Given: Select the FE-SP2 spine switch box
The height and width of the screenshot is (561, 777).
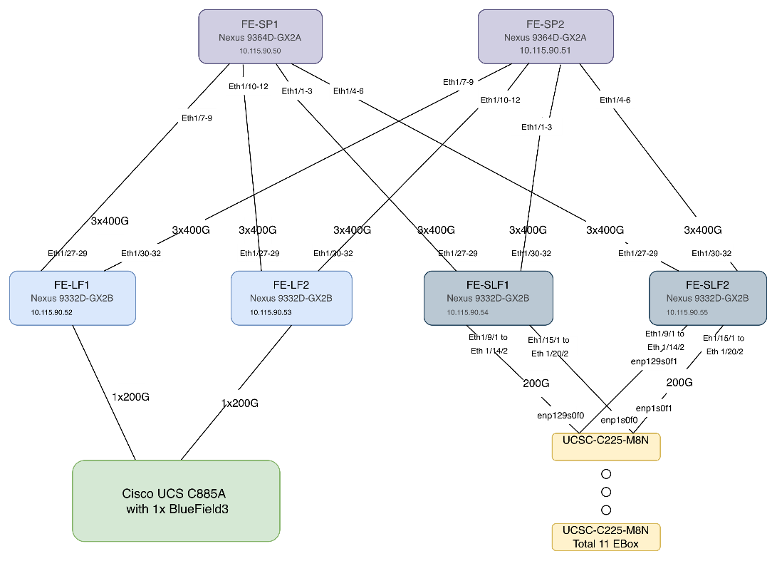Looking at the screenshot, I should tap(545, 36).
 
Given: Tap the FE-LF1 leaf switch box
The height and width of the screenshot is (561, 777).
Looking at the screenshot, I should tap(73, 298).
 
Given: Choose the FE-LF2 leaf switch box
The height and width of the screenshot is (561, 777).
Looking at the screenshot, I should tap(291, 298).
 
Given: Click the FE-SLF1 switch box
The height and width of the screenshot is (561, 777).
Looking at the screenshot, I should tap(488, 298).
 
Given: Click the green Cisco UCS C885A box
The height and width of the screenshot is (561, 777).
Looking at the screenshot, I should tap(176, 501).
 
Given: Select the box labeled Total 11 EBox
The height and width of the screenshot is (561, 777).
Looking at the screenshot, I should tap(605, 537).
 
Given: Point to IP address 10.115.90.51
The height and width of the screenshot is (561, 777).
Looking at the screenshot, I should tap(545, 51).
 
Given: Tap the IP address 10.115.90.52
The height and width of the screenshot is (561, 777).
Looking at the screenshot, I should tap(51, 312).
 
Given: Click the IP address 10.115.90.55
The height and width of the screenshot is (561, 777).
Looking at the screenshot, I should tap(687, 312).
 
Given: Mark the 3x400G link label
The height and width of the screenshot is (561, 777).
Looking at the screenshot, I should tap(605, 230).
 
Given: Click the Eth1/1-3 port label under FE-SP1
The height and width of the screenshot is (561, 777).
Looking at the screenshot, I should tap(297, 91).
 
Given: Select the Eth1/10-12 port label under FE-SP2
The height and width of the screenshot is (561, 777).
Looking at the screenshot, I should tap(501, 101).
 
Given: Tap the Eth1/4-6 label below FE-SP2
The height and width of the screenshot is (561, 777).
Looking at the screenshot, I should tap(615, 101).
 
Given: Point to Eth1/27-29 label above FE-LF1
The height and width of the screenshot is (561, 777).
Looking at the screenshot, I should tap(68, 253).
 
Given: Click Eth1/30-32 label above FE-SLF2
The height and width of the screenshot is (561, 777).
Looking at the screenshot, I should tap(711, 254).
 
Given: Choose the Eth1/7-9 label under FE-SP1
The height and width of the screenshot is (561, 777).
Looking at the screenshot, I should tap(197, 118).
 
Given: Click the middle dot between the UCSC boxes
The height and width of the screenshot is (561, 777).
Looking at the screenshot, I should tap(606, 492).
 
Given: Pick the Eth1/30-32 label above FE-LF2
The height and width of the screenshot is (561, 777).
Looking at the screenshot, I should tap(333, 254).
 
